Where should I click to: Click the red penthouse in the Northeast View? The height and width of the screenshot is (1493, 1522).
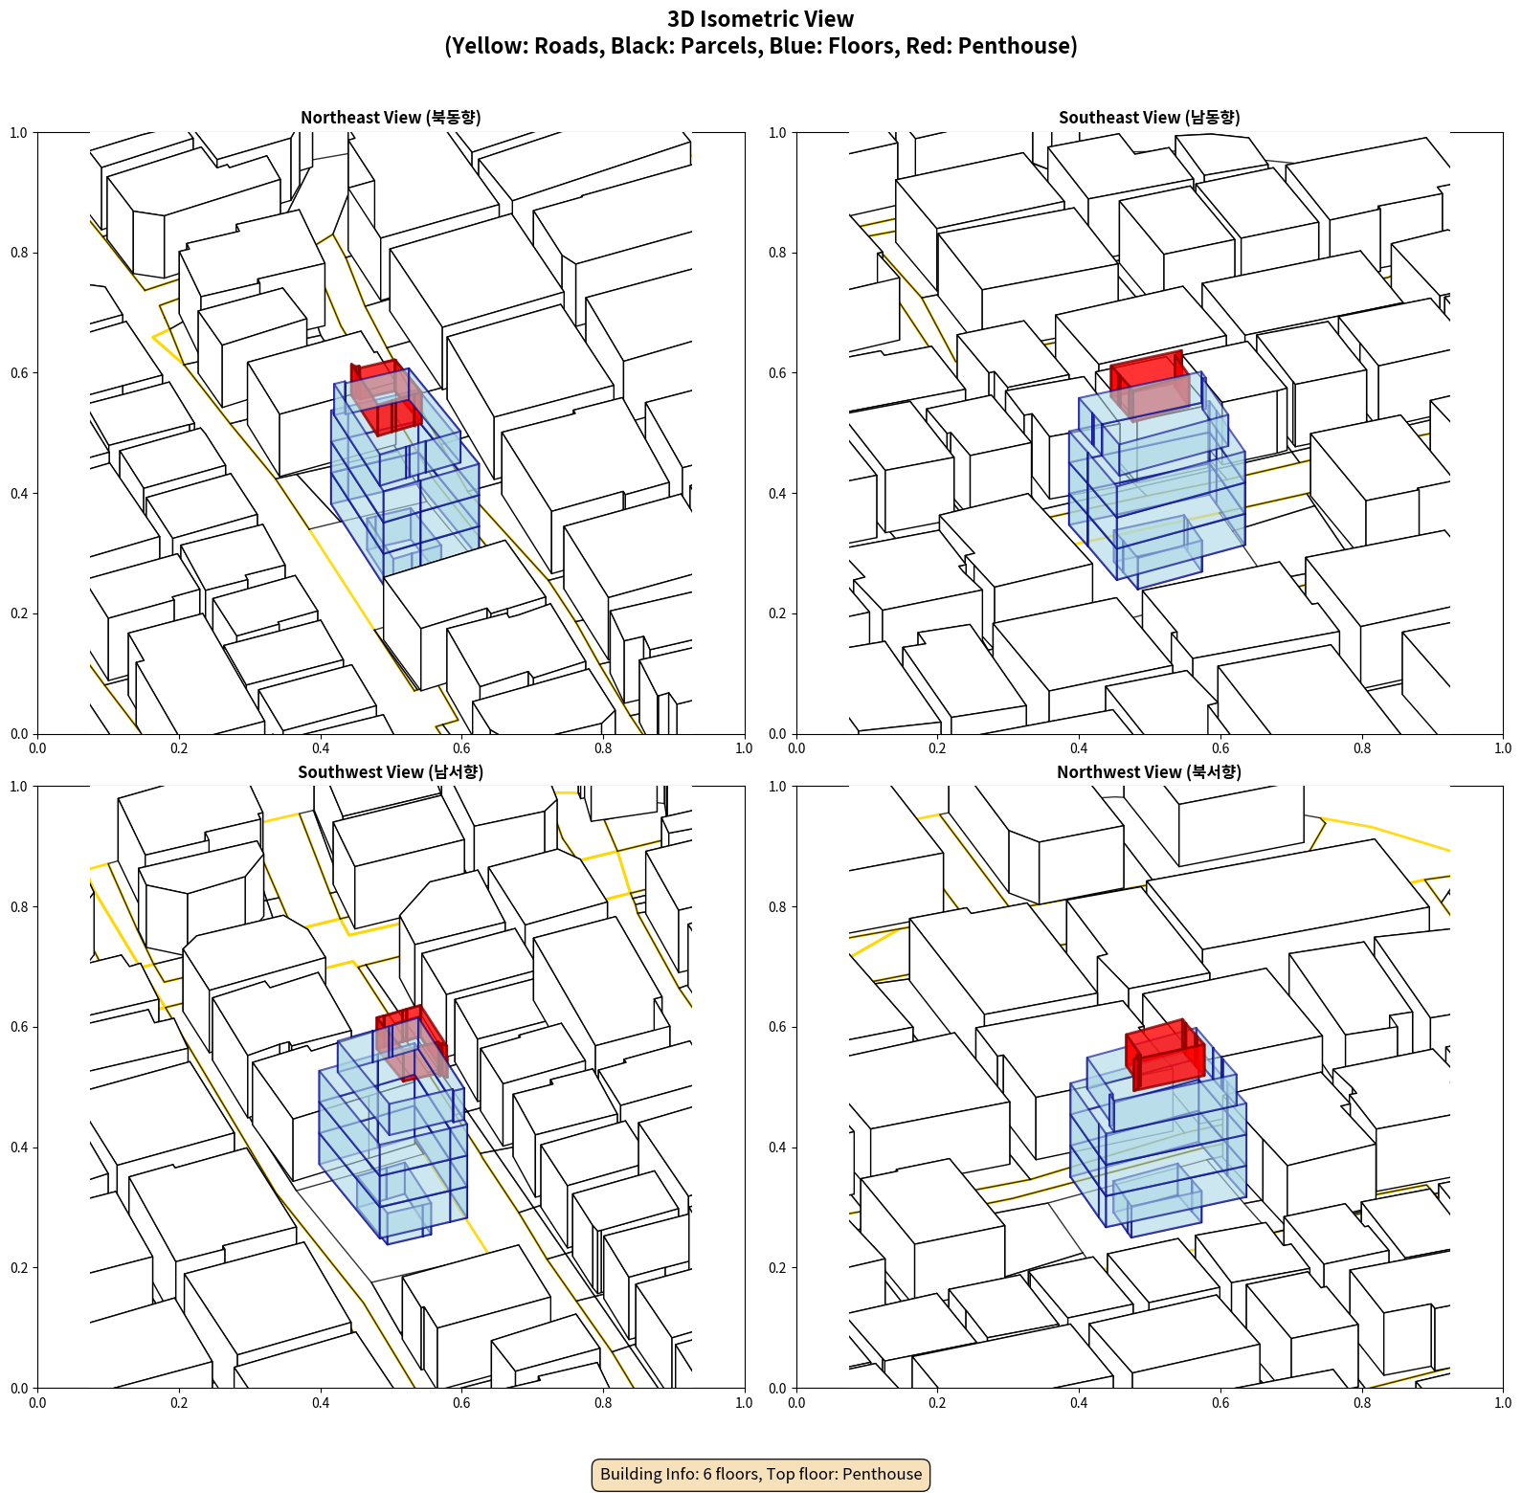tap(386, 396)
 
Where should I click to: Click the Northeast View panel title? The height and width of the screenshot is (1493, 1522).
tap(391, 117)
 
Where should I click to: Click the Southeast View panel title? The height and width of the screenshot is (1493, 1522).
tap(1149, 117)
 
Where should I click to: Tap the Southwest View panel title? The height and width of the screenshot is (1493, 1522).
tap(391, 771)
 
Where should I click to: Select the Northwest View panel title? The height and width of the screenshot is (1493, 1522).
tap(1149, 771)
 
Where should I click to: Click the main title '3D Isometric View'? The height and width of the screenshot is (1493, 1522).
tap(761, 19)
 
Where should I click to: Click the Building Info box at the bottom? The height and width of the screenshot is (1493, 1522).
tap(761, 1474)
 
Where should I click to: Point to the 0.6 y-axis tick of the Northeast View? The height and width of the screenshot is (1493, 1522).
tap(19, 373)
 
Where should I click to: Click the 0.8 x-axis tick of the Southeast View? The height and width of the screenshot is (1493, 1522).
tap(1362, 748)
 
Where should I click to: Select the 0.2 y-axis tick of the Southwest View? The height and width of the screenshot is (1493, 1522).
tap(19, 1268)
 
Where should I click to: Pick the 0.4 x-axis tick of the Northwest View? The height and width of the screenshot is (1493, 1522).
tap(1079, 1403)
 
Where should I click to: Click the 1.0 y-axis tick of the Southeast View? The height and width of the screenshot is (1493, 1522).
tap(777, 133)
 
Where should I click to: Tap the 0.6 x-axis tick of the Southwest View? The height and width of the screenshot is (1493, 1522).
tap(461, 1403)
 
